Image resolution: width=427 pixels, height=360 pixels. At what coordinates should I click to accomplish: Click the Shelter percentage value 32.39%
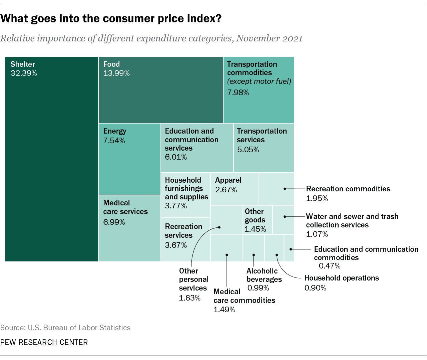(x=24, y=73)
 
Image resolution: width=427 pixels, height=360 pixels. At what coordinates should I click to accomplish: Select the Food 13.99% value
(x=116, y=73)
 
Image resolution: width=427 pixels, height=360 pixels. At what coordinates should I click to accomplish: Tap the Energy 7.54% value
(x=114, y=141)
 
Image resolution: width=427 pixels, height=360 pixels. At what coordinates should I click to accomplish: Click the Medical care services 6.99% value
(x=114, y=222)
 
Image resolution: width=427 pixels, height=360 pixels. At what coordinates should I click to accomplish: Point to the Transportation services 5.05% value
(x=248, y=150)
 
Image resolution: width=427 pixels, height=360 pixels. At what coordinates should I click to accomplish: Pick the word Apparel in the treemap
(x=228, y=180)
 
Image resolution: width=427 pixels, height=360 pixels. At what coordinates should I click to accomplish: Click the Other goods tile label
(x=255, y=216)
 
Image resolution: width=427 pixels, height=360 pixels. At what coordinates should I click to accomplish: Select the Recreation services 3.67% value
(x=176, y=245)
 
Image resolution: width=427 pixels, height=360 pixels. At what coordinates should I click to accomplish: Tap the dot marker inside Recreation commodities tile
(x=285, y=189)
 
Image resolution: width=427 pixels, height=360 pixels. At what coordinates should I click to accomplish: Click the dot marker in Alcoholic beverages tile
(x=254, y=255)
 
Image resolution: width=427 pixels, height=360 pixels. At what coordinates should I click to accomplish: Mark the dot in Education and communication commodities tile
(x=291, y=249)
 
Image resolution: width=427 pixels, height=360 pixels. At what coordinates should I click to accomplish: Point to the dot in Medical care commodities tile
(x=227, y=255)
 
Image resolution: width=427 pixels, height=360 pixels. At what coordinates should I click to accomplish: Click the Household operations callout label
(x=342, y=278)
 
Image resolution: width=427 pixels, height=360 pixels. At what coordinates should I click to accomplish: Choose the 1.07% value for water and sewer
(x=317, y=234)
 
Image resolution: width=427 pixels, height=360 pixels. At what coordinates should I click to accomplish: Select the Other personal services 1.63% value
(x=189, y=298)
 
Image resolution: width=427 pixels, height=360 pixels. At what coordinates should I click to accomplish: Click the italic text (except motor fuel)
(x=259, y=81)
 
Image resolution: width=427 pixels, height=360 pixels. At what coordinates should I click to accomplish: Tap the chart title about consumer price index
(x=111, y=18)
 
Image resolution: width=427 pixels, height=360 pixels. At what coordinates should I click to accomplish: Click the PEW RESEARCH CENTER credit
(x=44, y=342)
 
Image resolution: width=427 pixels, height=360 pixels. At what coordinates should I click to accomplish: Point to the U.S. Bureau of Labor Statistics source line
(x=65, y=328)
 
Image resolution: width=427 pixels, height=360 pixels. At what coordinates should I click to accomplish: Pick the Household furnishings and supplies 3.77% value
(x=176, y=206)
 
